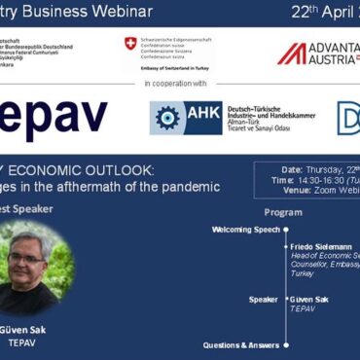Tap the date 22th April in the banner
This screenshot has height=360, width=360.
tap(309, 13)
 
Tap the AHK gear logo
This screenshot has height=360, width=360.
tap(166, 118)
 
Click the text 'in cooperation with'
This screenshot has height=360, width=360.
tap(180, 85)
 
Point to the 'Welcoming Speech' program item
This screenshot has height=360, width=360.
tap(246, 230)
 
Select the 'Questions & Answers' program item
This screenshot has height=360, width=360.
tap(240, 344)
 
